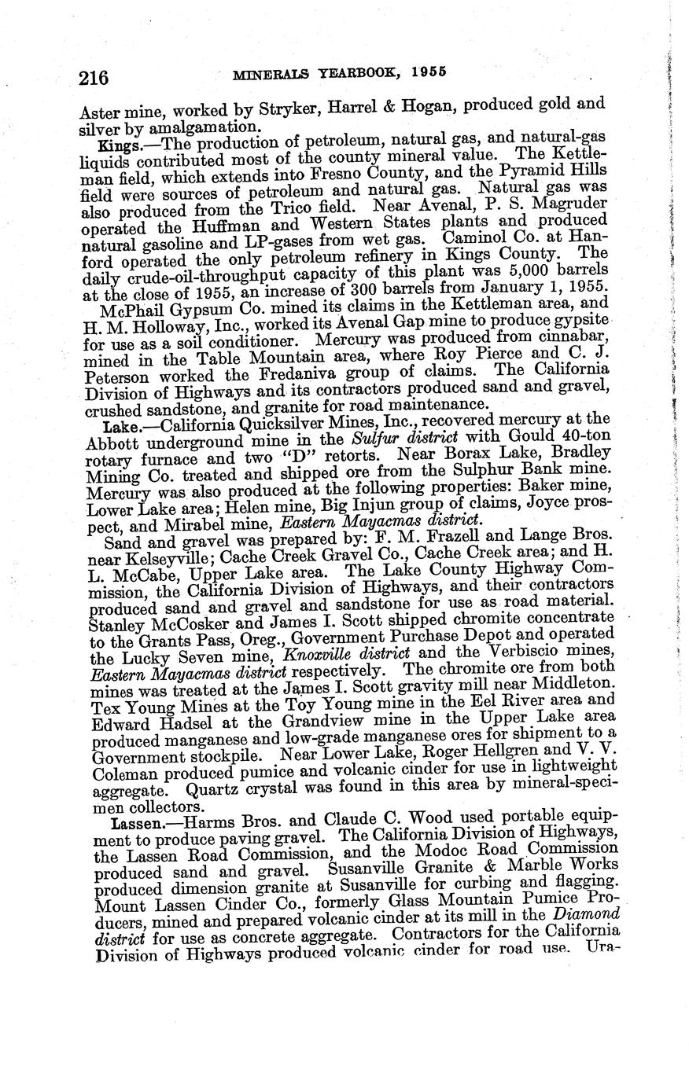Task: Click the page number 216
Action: (x=93, y=77)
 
